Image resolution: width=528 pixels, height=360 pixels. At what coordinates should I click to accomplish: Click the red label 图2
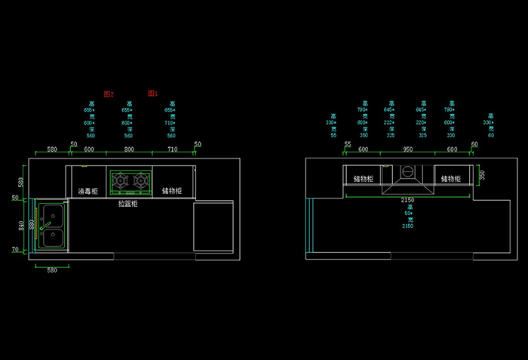[109, 94]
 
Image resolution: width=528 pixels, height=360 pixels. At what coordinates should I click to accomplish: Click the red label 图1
[152, 93]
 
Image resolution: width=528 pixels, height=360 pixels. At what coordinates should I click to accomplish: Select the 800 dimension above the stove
[129, 150]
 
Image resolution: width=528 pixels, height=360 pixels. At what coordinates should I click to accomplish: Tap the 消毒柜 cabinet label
[87, 191]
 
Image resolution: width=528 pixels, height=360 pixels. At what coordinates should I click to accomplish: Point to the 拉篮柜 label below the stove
[128, 204]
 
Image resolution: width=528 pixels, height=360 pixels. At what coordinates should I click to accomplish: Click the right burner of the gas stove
[140, 180]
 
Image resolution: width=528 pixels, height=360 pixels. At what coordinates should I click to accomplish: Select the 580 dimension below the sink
[52, 269]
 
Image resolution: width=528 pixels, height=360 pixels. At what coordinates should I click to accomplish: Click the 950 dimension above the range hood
[407, 150]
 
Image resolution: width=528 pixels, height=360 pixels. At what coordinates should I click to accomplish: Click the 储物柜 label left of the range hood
[364, 179]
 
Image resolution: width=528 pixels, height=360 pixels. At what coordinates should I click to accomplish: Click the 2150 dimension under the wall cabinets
[407, 200]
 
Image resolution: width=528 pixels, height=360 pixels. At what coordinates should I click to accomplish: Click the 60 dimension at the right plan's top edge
[474, 144]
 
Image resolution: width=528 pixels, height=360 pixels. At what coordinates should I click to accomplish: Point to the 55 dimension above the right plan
[348, 144]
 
